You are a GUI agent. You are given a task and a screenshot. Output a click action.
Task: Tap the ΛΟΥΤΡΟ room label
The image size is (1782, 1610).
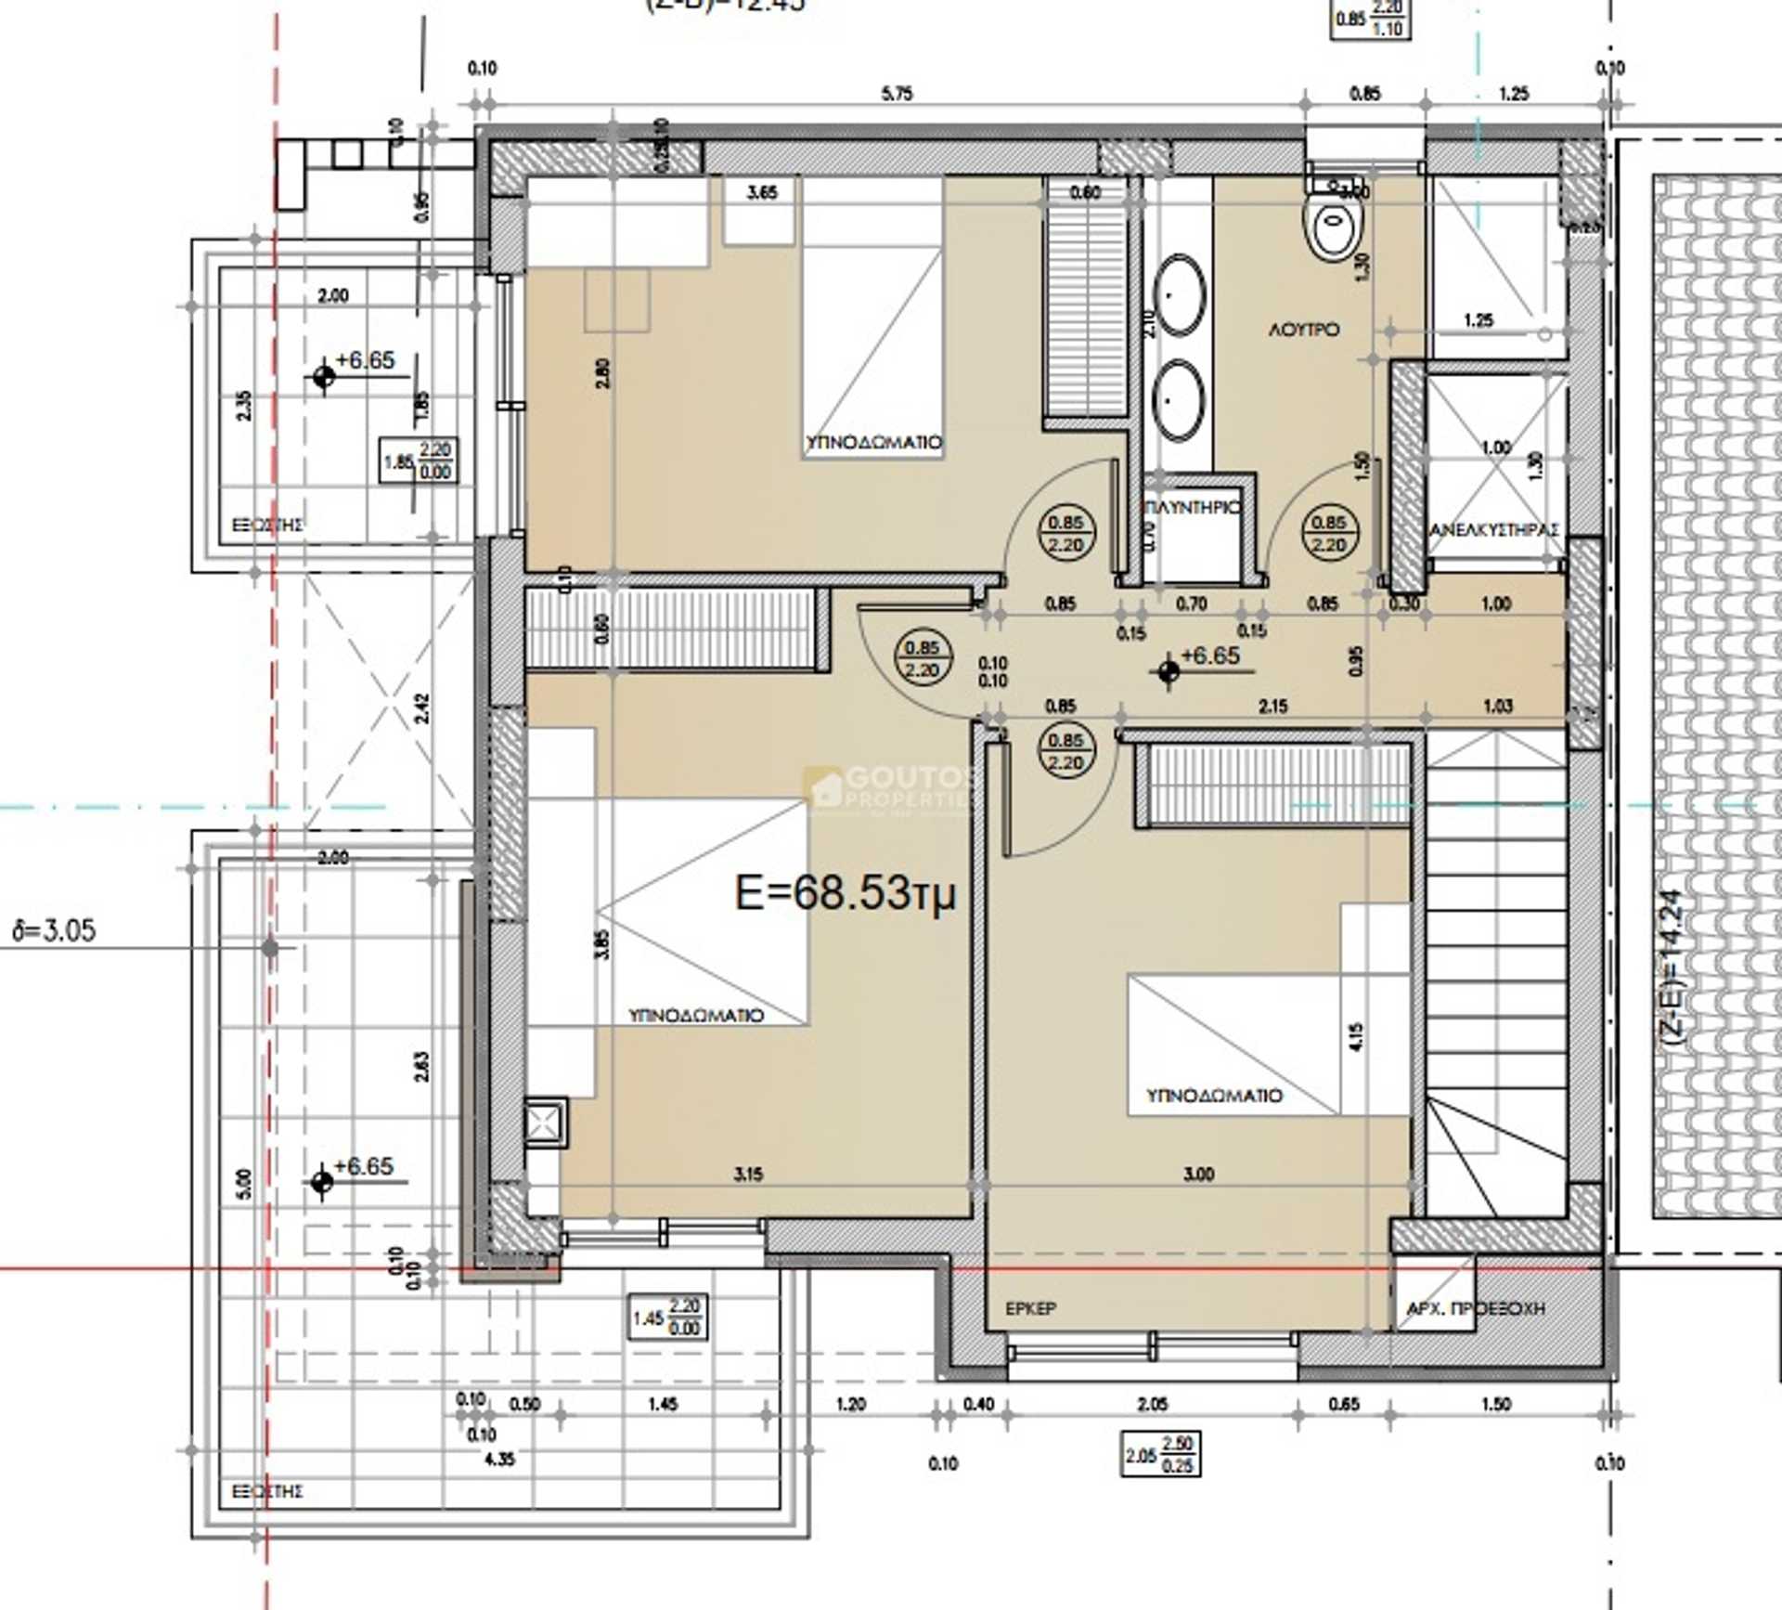[x=1304, y=330]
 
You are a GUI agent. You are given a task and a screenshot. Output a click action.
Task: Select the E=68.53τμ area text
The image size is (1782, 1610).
[x=845, y=893]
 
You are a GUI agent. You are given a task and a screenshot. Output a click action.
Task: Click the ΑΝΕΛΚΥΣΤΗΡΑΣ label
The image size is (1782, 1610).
[x=1493, y=530]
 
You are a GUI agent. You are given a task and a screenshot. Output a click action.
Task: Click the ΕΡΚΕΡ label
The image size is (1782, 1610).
[x=1030, y=1308]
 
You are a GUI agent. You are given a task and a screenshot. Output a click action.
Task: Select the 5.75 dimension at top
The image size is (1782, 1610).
[x=897, y=94]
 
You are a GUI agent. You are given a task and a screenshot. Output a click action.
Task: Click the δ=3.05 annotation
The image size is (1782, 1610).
[x=54, y=930]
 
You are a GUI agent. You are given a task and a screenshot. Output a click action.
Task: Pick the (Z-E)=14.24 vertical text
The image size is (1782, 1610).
[x=1671, y=969]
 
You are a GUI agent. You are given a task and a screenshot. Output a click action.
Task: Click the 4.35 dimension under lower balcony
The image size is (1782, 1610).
[x=499, y=1459]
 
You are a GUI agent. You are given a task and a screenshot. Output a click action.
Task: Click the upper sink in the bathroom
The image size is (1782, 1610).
[x=1180, y=295]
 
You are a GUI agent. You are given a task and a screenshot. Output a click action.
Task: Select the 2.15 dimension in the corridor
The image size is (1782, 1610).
[x=1272, y=706]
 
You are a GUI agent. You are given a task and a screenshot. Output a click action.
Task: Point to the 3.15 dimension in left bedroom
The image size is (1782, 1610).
[x=748, y=1175]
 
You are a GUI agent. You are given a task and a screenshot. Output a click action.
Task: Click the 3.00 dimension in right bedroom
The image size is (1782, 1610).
[x=1198, y=1175]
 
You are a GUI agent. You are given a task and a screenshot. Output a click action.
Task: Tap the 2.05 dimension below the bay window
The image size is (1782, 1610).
[x=1152, y=1404]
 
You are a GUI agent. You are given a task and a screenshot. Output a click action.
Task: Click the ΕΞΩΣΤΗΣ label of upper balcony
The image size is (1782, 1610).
[x=267, y=526]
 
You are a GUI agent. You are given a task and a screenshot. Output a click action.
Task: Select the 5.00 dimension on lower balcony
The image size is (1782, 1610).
[x=244, y=1184]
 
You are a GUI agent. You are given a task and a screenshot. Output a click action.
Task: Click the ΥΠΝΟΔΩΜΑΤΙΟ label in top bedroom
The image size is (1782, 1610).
[x=873, y=443]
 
